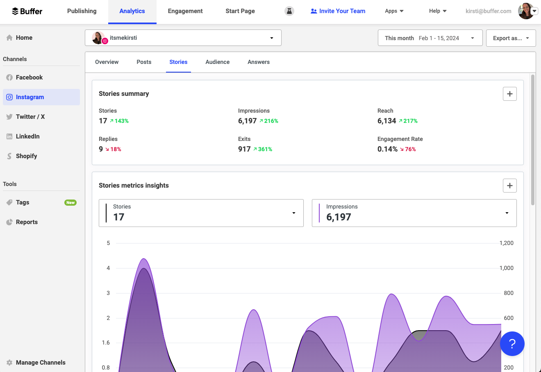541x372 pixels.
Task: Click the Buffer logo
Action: click(x=27, y=11)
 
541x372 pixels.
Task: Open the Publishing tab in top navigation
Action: click(x=82, y=11)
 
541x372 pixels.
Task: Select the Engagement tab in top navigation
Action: click(x=185, y=11)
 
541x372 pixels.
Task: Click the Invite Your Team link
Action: click(x=338, y=11)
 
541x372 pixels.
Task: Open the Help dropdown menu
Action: click(x=438, y=11)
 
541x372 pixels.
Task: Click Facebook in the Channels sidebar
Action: click(x=29, y=77)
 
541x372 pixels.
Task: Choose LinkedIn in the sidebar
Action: click(x=27, y=136)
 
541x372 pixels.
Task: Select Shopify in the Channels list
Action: click(x=26, y=156)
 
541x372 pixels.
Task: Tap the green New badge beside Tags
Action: click(x=70, y=202)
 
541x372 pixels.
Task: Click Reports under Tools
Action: click(x=27, y=222)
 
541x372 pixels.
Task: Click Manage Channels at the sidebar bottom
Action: click(x=41, y=363)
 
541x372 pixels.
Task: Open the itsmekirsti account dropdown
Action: click(x=183, y=38)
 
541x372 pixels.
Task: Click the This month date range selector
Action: click(x=430, y=38)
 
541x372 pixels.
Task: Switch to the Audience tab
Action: click(x=217, y=62)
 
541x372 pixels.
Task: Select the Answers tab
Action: click(x=259, y=62)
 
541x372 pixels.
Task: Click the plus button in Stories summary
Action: click(x=509, y=94)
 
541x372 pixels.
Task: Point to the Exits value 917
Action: click(x=244, y=149)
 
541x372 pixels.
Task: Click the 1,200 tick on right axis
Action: click(x=506, y=243)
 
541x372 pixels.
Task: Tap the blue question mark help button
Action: click(x=512, y=344)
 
